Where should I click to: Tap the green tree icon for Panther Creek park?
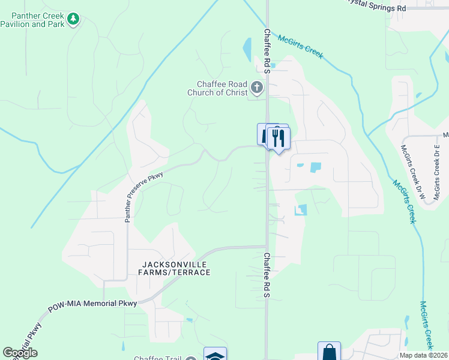[x=73, y=19]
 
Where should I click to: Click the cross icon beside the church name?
[x=257, y=89]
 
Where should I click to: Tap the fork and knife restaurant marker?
[x=279, y=139]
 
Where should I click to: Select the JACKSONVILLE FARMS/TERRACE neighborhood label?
[x=176, y=268]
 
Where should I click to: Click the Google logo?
[x=20, y=353]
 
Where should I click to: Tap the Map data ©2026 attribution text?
[x=423, y=355]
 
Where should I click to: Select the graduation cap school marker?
[x=215, y=355]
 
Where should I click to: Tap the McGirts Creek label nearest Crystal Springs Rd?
[x=301, y=47]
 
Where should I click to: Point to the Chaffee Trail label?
[x=157, y=358]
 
